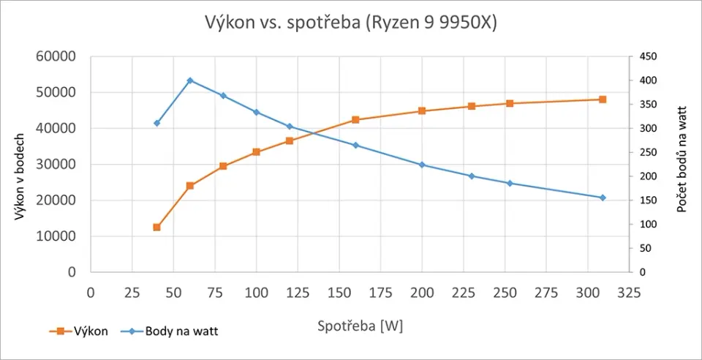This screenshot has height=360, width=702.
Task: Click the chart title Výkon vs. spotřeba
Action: click(x=350, y=23)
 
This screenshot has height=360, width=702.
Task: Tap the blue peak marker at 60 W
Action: click(x=190, y=80)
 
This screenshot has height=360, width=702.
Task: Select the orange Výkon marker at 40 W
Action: click(x=156, y=228)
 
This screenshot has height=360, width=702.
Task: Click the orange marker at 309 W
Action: click(x=603, y=100)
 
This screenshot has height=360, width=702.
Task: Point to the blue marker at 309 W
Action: click(x=603, y=198)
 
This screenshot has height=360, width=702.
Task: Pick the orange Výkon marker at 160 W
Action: click(x=355, y=119)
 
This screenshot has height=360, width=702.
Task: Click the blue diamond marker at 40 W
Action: click(x=156, y=123)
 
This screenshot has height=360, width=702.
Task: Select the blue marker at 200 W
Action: click(x=422, y=165)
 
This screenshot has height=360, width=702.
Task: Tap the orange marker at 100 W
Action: click(x=256, y=152)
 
